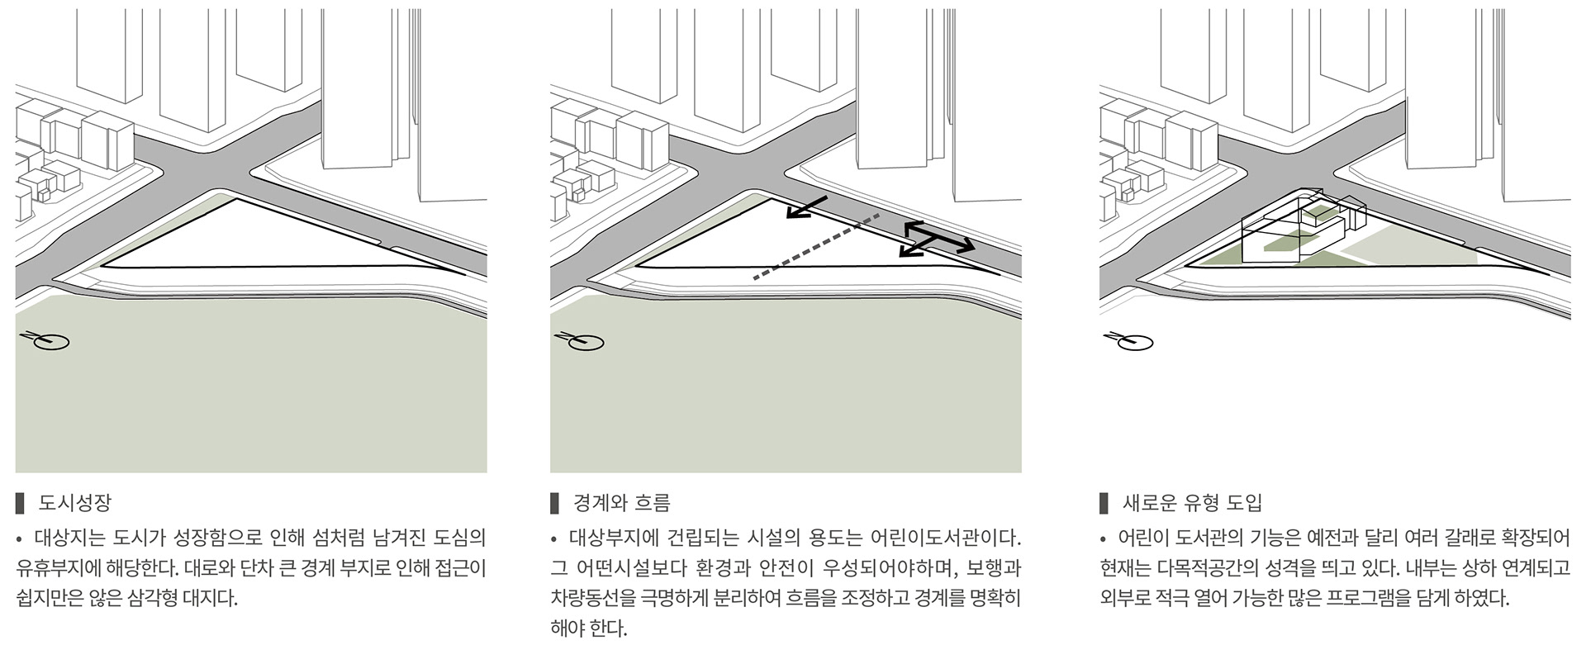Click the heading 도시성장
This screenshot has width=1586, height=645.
pyautogui.click(x=74, y=502)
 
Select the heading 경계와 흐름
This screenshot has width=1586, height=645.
pyautogui.click(x=621, y=502)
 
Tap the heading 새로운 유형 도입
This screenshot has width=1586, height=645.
pyautogui.click(x=1192, y=502)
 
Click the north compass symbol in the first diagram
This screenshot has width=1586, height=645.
pyautogui.click(x=46, y=339)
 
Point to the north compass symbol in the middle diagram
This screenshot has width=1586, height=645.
pyautogui.click(x=582, y=339)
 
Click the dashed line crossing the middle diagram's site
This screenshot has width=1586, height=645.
pyautogui.click(x=816, y=246)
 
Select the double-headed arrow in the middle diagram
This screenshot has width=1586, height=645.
pyautogui.click(x=937, y=239)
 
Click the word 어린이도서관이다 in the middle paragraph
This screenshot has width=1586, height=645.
pyautogui.click(x=946, y=538)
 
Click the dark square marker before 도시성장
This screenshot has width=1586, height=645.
pyautogui.click(x=20, y=502)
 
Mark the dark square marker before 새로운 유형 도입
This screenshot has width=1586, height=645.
pyautogui.click(x=1104, y=502)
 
